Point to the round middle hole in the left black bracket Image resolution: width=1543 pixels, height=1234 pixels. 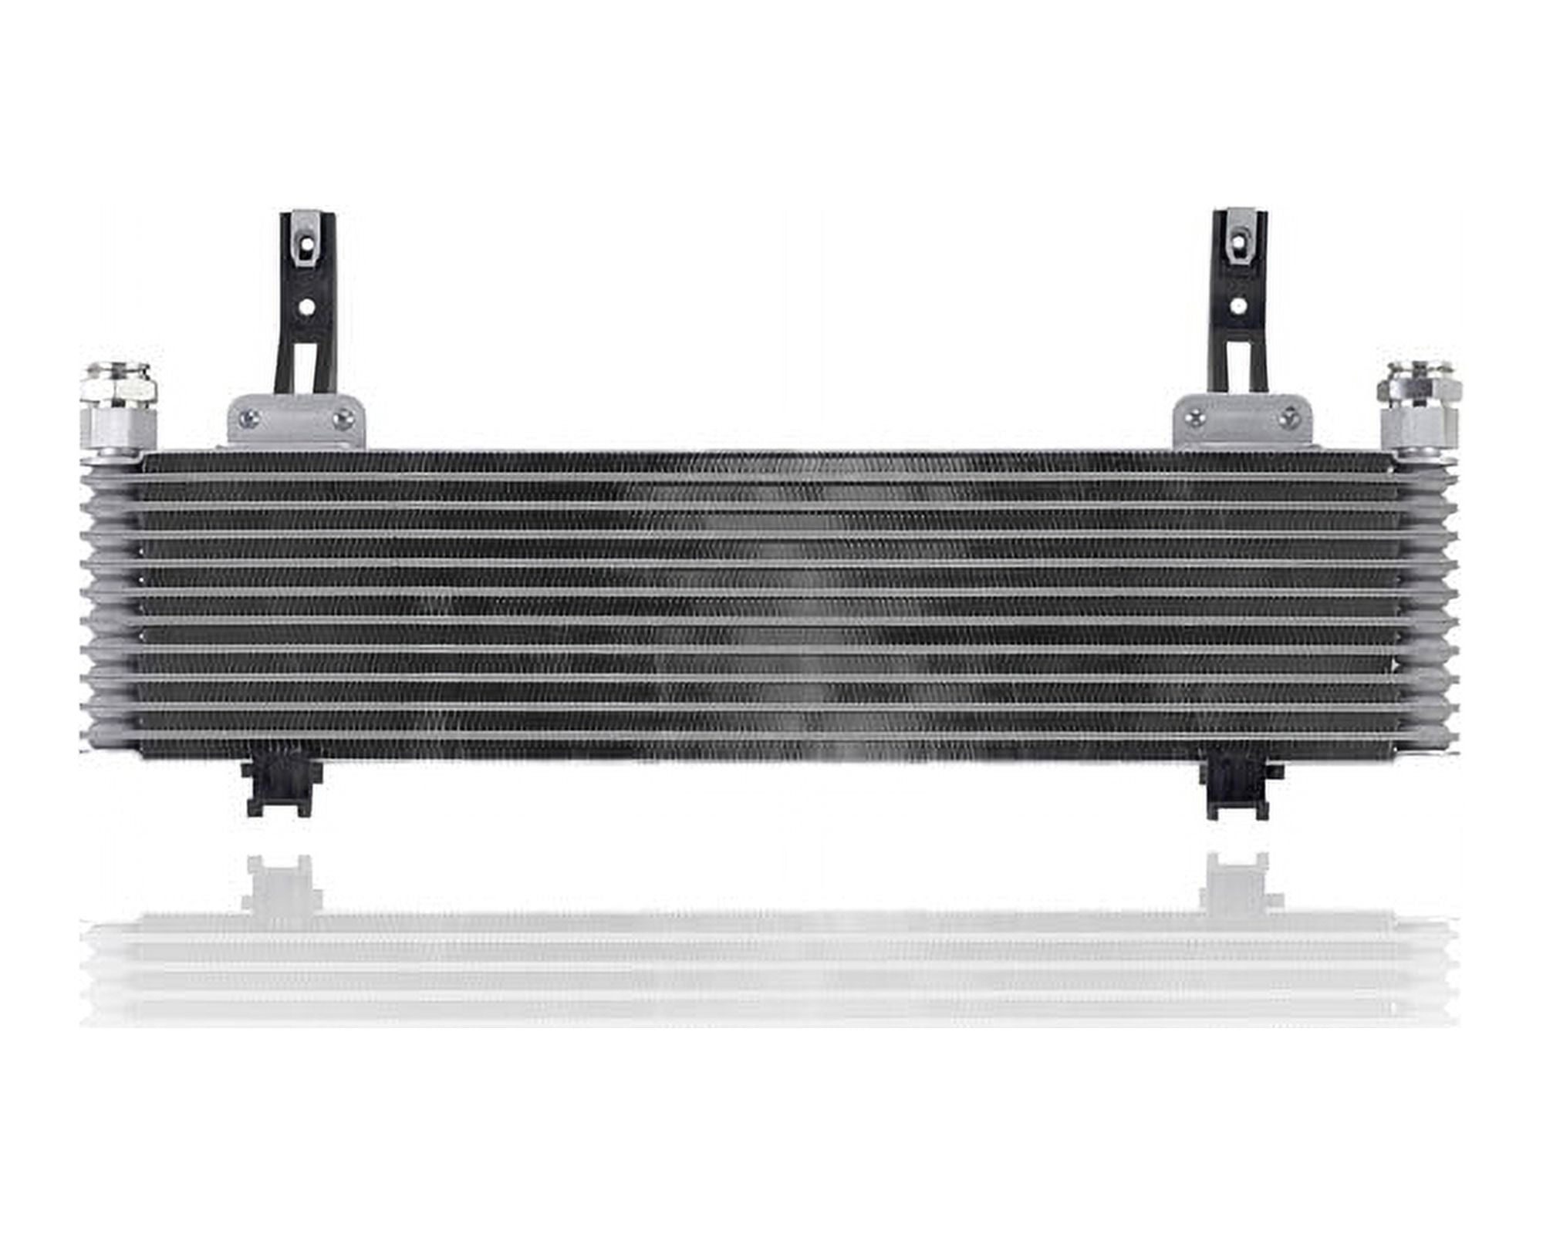click(307, 307)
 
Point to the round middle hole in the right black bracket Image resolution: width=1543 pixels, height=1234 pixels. click(1238, 305)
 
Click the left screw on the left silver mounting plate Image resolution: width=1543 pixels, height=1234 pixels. click(247, 420)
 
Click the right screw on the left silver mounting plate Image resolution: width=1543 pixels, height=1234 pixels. click(342, 420)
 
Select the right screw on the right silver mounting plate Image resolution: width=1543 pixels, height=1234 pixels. click(1287, 419)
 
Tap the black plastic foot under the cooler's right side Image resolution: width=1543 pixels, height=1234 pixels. click(1238, 790)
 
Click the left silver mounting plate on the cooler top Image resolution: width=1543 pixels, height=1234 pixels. click(295, 423)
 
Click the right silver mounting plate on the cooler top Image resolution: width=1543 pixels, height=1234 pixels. click(1242, 423)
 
